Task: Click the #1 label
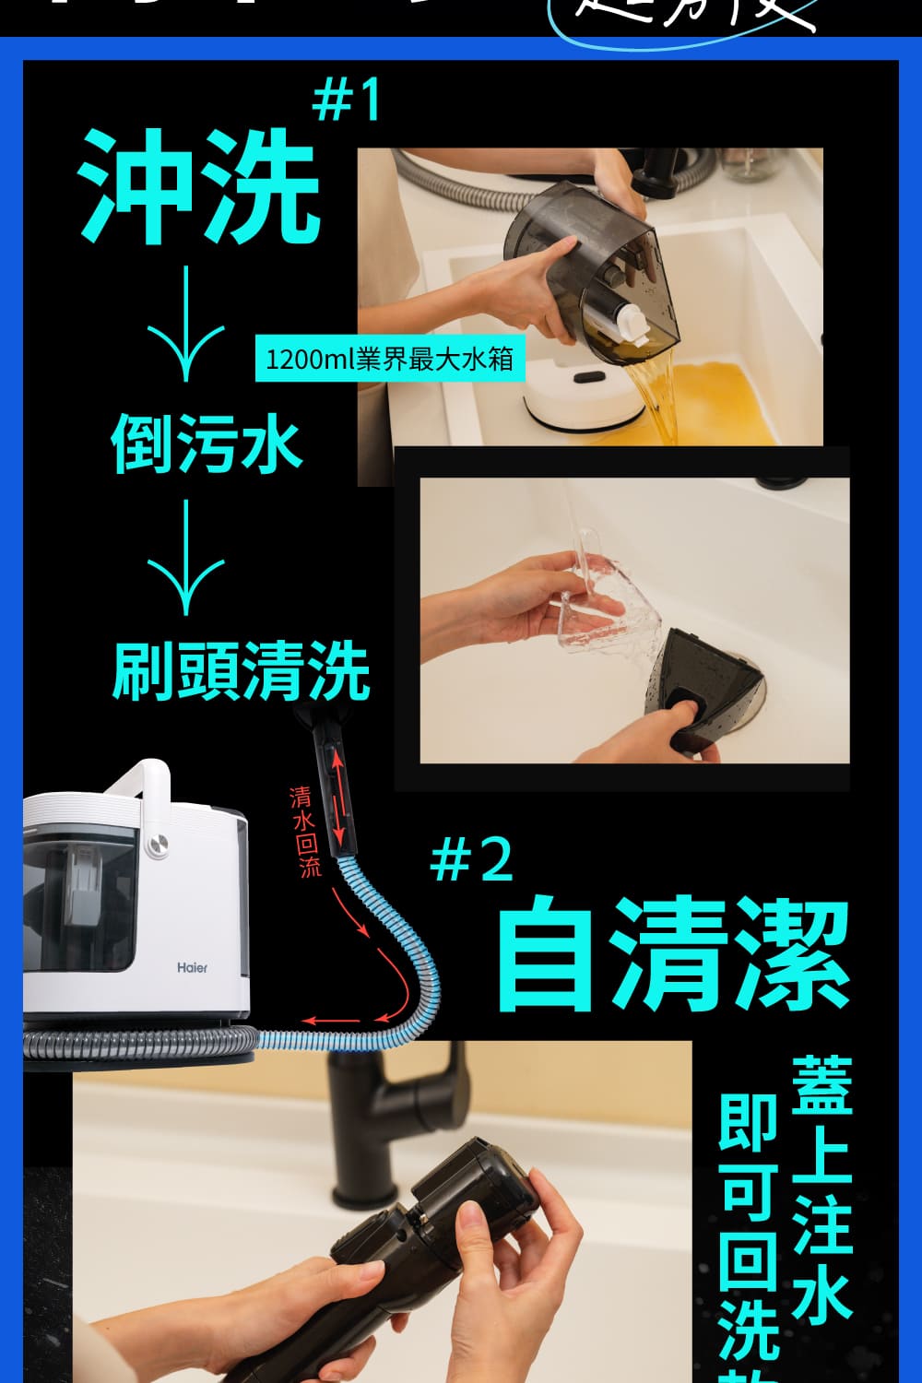point(346,101)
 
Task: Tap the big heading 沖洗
point(200,184)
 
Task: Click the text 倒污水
point(207,444)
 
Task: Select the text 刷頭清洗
point(241,670)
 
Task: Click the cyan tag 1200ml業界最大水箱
point(389,359)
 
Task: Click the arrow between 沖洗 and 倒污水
point(186,323)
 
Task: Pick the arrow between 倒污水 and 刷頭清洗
point(186,556)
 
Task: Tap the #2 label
point(471,859)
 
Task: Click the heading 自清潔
point(672,956)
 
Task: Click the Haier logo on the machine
point(192,967)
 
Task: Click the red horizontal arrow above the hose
point(332,1021)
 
